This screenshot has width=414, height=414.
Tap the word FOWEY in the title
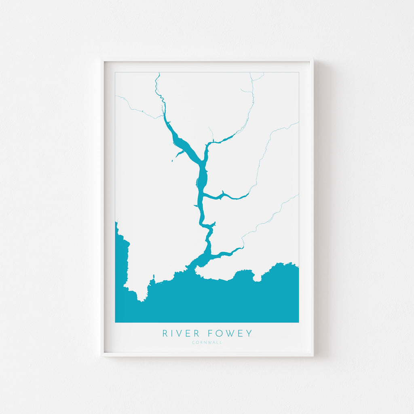tap(230, 334)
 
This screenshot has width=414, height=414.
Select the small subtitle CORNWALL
tap(207, 343)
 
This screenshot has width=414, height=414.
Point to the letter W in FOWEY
tap(230, 334)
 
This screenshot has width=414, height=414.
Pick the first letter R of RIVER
tap(165, 334)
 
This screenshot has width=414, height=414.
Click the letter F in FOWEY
tap(211, 334)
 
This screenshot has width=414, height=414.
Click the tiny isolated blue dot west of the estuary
tap(172, 161)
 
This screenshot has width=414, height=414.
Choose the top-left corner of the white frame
tap(102, 60)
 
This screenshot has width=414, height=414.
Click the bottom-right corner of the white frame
tap(313, 355)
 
